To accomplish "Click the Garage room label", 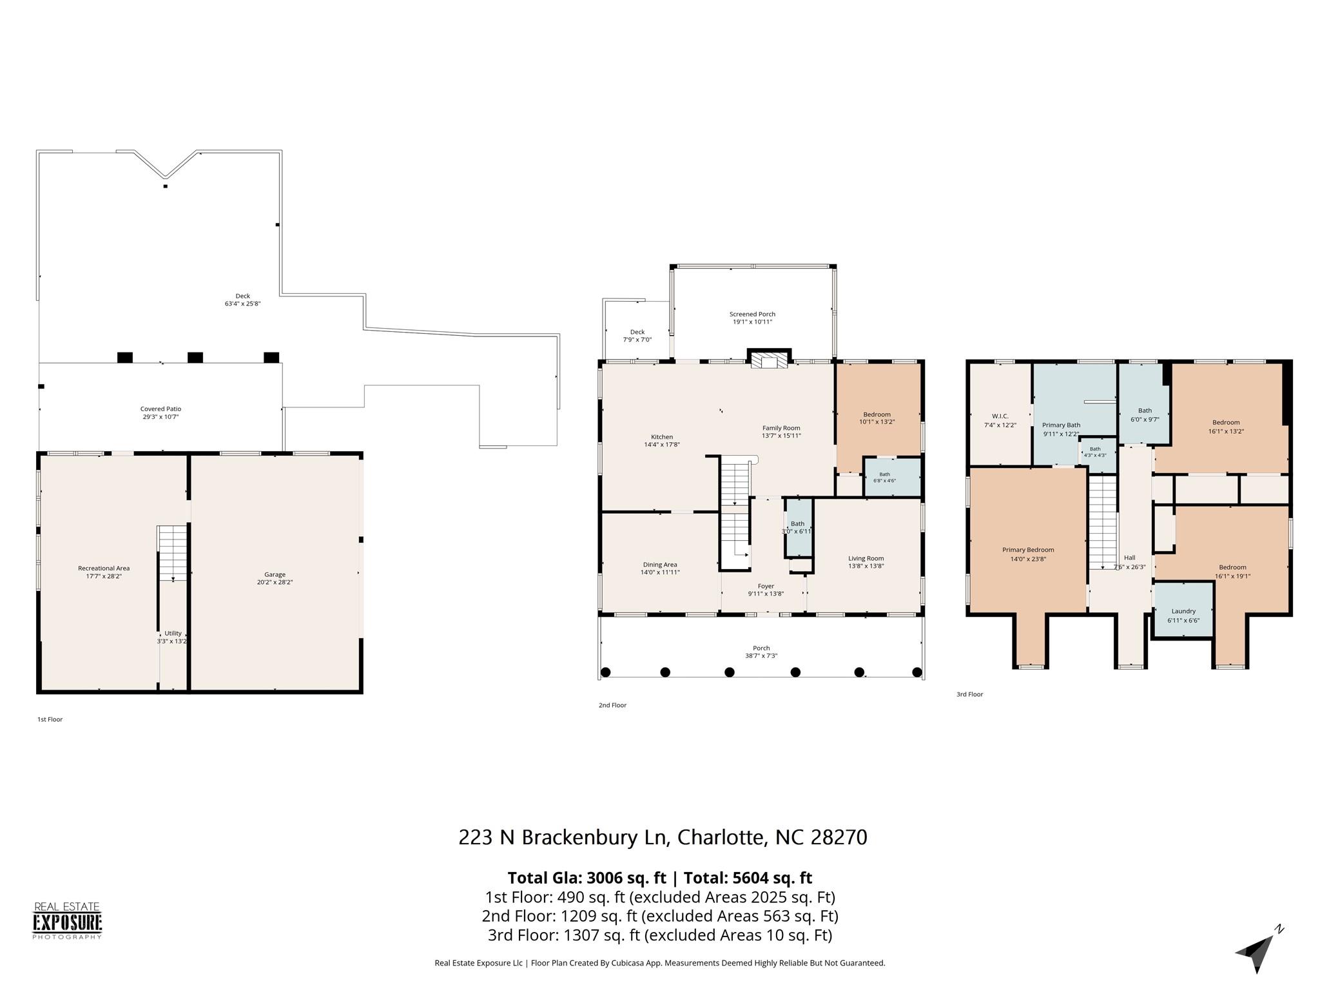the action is (275, 574).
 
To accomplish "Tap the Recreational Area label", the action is (104, 568).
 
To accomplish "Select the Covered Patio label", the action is (160, 409).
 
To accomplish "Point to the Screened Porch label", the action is (752, 314).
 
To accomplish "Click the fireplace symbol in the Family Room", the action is (769, 359).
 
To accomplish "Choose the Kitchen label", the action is (662, 437).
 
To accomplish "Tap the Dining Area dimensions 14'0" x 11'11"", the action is (660, 572).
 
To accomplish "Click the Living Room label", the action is (866, 558).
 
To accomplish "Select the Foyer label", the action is (766, 586).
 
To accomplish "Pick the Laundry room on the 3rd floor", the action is (1183, 610).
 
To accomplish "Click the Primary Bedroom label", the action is (1028, 550).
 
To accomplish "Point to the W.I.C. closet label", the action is (1000, 416).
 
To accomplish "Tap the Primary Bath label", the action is (1061, 425).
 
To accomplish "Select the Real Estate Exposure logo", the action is (68, 921).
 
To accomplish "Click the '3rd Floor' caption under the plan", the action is (969, 694).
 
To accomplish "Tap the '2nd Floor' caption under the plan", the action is (612, 705).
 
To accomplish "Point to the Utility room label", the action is (173, 633).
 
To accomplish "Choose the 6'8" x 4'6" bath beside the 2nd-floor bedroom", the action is (892, 478).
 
